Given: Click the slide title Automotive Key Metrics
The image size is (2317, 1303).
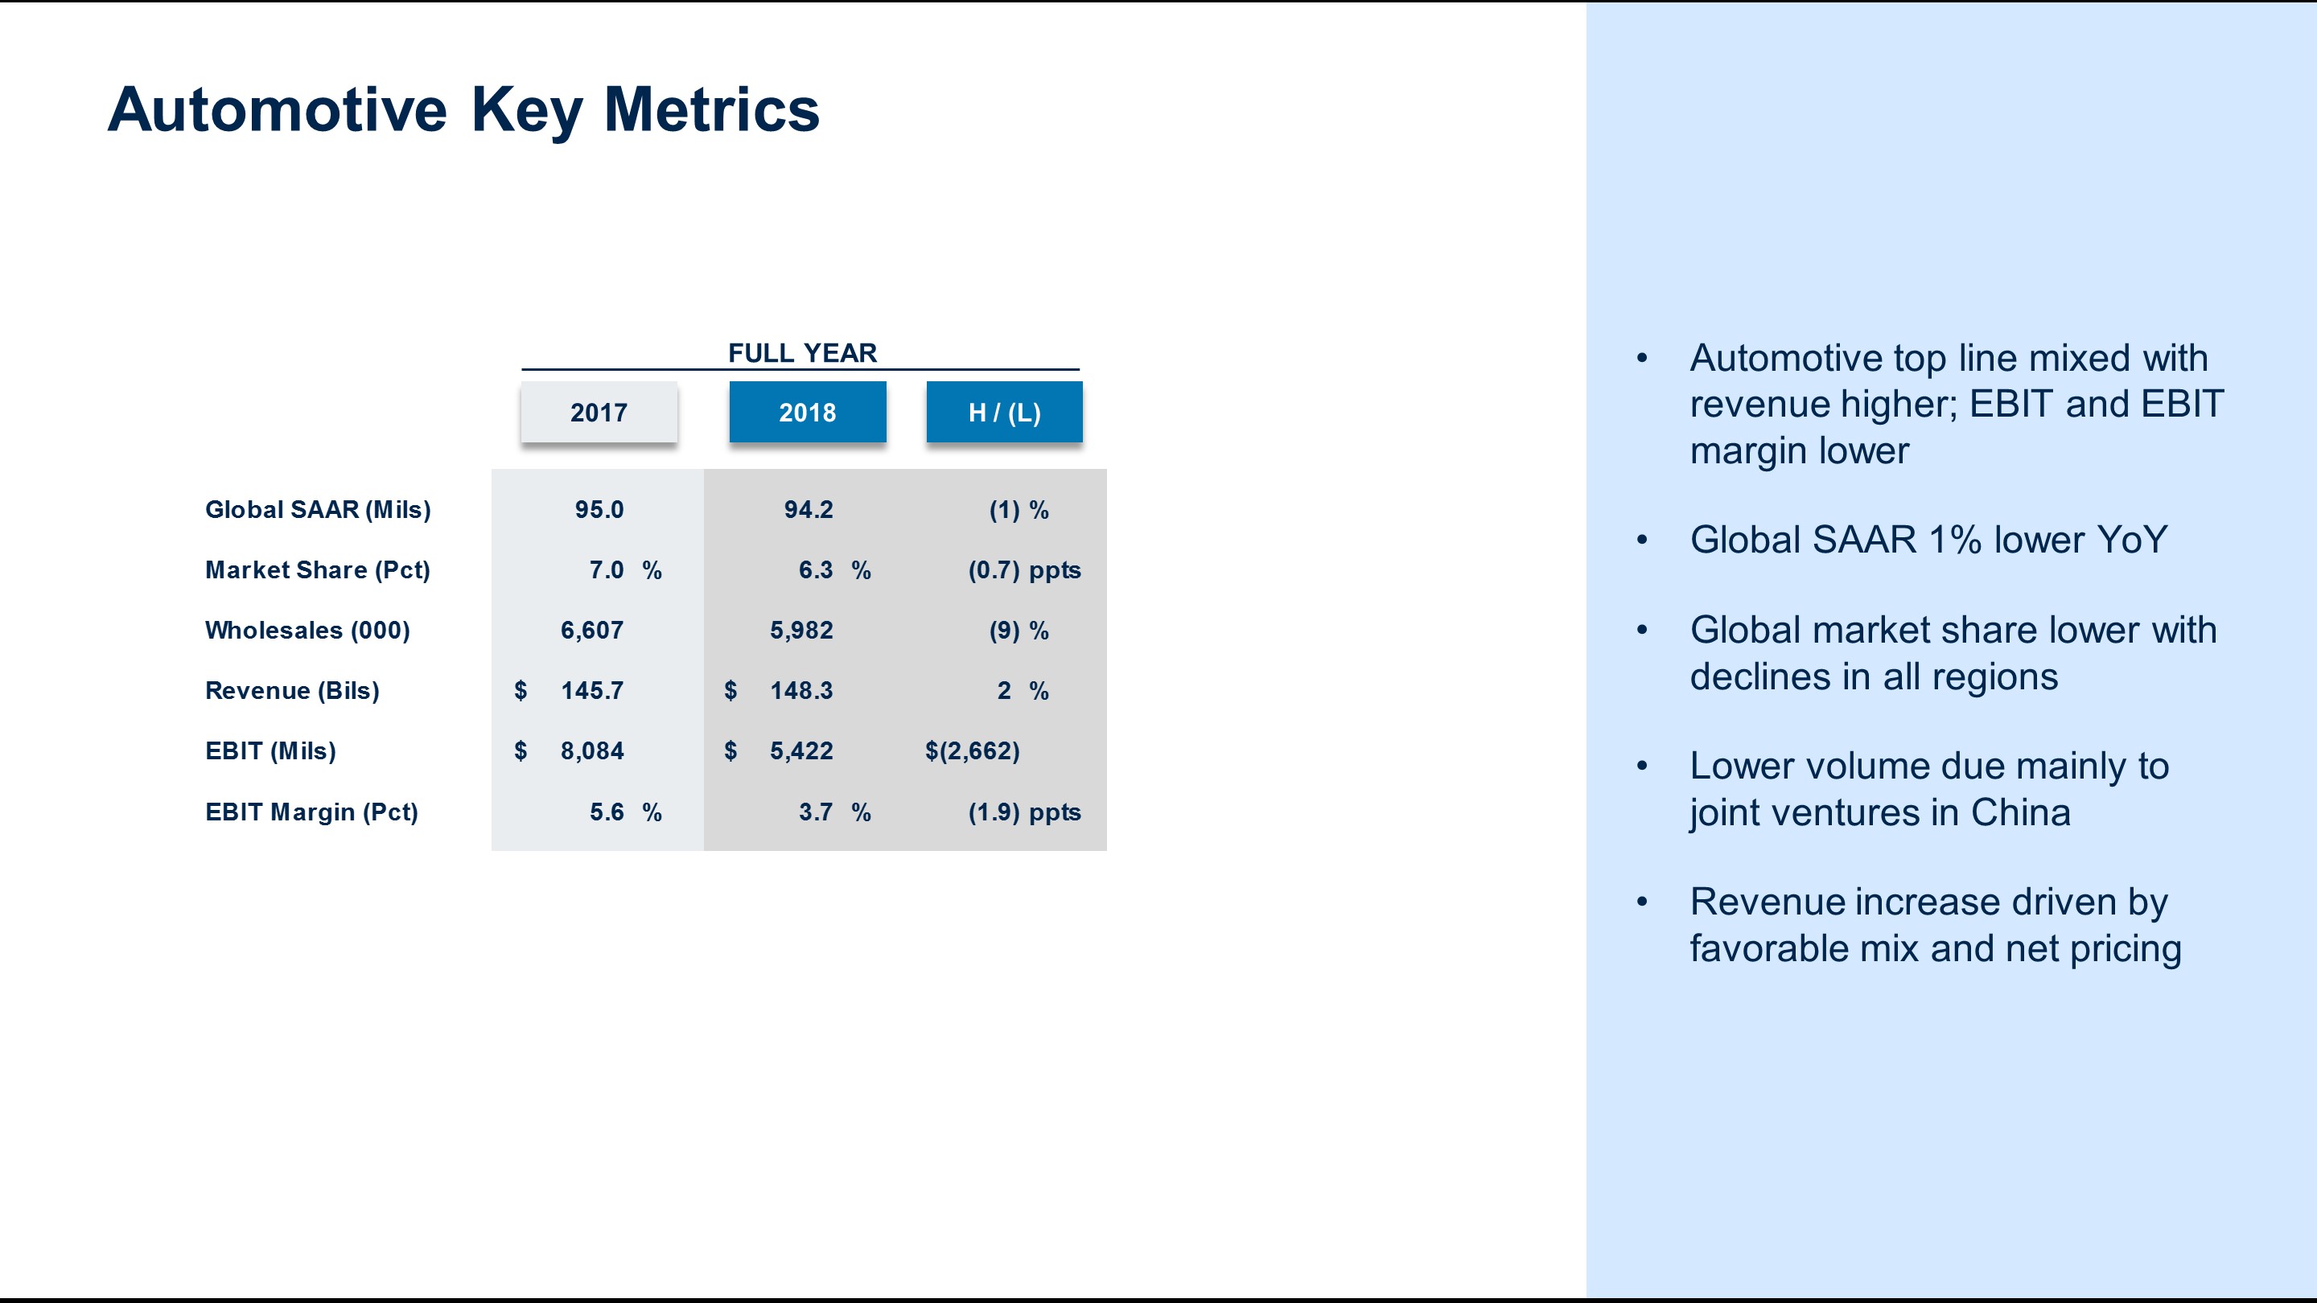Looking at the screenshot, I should tap(463, 109).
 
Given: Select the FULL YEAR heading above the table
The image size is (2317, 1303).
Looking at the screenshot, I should tap(801, 352).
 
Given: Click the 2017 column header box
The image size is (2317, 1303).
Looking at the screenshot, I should tap(599, 413).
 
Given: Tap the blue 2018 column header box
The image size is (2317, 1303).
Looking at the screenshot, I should tap(807, 413).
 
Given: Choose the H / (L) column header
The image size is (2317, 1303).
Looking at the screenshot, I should tap(1004, 413).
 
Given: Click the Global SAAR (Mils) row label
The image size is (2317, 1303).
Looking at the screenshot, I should tap(318, 510).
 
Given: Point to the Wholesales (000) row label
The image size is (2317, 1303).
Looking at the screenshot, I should tap(307, 631).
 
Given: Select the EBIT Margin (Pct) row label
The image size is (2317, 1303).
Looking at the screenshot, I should tap(311, 812).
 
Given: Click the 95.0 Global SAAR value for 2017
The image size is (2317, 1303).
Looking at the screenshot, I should tap(599, 510).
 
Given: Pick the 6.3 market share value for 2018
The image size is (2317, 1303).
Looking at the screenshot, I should tap(815, 570).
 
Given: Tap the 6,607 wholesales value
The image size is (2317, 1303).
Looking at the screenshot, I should tap(591, 631).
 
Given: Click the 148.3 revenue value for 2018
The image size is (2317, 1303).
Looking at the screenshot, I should tap(800, 691).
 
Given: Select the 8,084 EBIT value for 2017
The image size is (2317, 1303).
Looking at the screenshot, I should tap(591, 751).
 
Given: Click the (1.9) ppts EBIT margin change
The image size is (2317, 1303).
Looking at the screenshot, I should tap(1023, 812).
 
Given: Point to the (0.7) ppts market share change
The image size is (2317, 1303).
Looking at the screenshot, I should tap(1023, 570).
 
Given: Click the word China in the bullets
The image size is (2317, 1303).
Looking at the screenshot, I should tap(2020, 813).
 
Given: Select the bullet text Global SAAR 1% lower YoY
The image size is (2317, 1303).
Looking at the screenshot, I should tap(1928, 541).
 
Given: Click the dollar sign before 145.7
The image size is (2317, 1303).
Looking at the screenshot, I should tap(521, 691).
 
